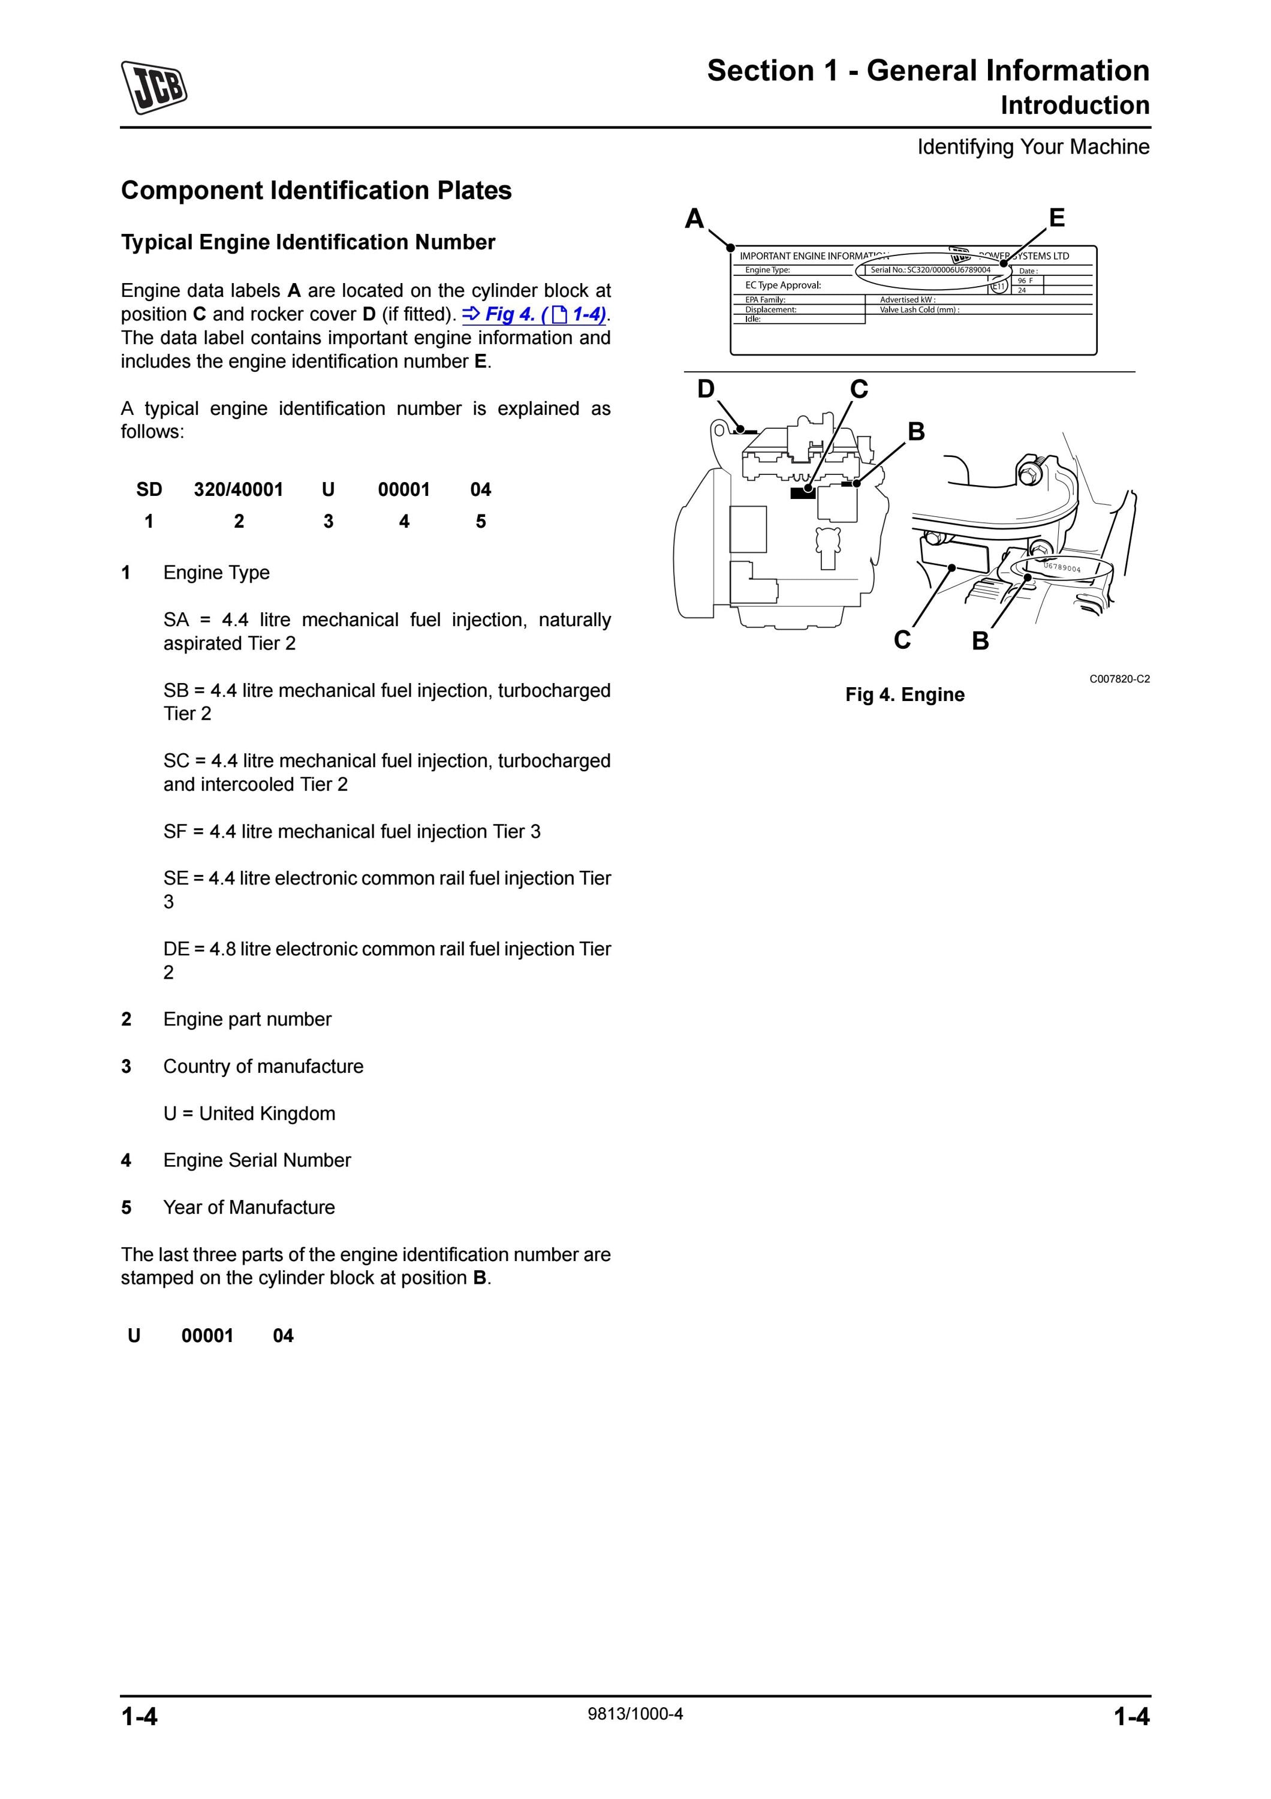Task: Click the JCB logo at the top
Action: pyautogui.click(x=154, y=87)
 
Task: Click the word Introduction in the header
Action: pyautogui.click(x=1074, y=105)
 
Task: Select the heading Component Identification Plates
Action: pyautogui.click(x=317, y=191)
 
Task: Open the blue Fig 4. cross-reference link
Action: pyautogui.click(x=535, y=314)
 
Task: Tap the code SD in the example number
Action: pyautogui.click(x=149, y=490)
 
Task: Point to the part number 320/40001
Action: pyautogui.click(x=239, y=490)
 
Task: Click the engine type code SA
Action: pyautogui.click(x=176, y=620)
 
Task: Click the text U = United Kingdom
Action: pyautogui.click(x=249, y=1114)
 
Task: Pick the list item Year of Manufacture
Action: pyautogui.click(x=249, y=1208)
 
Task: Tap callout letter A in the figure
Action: pyautogui.click(x=694, y=219)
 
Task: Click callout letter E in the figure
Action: pyautogui.click(x=1056, y=217)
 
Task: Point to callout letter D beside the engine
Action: pyautogui.click(x=706, y=389)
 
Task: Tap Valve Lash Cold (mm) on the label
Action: pyautogui.click(x=920, y=309)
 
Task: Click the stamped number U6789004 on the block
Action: pyautogui.click(x=1062, y=567)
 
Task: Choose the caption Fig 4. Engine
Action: pyautogui.click(x=905, y=695)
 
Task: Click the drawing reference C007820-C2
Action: pyautogui.click(x=1119, y=679)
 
